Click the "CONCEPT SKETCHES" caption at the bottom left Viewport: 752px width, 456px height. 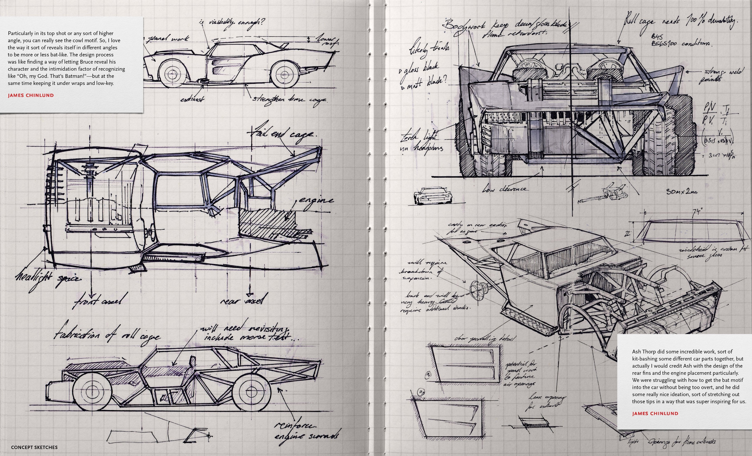34,447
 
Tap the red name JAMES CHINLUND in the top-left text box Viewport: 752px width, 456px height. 31,95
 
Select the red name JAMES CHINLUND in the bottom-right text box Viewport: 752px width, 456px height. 655,414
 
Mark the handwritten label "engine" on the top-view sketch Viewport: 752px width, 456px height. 316,200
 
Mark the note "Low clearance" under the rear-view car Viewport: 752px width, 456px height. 504,189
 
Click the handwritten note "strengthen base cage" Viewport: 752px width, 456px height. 289,99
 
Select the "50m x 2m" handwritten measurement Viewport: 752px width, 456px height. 681,192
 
